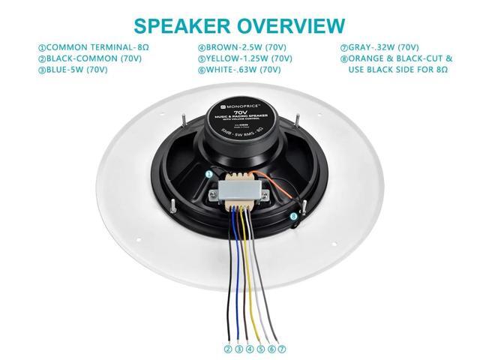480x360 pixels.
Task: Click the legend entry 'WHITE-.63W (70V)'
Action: tap(241, 70)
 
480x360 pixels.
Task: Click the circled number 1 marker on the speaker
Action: tap(210, 174)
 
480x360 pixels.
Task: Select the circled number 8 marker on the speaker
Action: tap(293, 217)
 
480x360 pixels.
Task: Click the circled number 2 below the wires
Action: tap(228, 348)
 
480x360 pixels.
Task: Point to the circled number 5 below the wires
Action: tap(260, 348)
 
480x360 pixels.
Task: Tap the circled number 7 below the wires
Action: tap(282, 348)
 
